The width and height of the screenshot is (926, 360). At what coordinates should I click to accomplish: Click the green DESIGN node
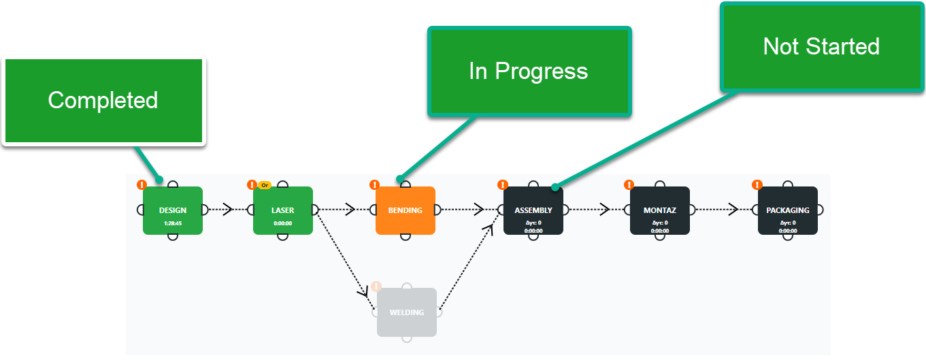[x=172, y=210]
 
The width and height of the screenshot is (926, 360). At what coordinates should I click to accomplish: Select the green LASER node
[x=282, y=210]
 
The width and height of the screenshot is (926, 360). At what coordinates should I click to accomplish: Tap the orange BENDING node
[x=405, y=210]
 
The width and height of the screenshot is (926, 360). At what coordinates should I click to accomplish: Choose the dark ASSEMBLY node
[x=533, y=210]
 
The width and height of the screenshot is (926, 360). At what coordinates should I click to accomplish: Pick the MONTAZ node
[x=659, y=210]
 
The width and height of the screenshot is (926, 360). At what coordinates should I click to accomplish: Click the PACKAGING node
[x=787, y=210]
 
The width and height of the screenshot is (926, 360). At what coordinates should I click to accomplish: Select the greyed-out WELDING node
[x=406, y=312]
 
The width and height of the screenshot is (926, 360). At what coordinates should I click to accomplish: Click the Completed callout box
[x=103, y=101]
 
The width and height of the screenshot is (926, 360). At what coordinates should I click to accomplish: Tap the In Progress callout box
[x=529, y=71]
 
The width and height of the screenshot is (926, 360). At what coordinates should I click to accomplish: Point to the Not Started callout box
[x=821, y=46]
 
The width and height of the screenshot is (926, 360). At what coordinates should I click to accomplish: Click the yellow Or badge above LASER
[x=265, y=185]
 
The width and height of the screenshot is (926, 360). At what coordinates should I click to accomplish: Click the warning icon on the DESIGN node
[x=142, y=184]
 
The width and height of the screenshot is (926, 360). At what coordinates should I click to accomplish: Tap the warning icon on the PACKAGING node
[x=757, y=184]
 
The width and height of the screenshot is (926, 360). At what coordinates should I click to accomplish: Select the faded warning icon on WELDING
[x=376, y=287]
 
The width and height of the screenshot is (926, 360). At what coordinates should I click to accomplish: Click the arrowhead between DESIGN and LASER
[x=227, y=210]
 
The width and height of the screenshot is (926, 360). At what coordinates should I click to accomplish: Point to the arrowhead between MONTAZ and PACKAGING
[x=733, y=210]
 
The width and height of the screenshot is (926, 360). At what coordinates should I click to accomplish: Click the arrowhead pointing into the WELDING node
[x=363, y=292]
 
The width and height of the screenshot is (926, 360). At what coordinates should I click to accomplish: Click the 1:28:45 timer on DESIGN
[x=172, y=223]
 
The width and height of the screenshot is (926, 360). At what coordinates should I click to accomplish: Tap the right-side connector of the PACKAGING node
[x=819, y=210]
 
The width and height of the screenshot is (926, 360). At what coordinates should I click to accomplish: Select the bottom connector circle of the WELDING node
[x=406, y=338]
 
